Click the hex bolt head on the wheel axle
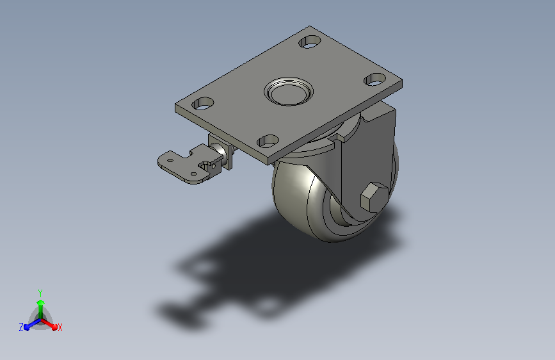coord(374,197)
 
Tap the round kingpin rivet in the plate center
coord(289,92)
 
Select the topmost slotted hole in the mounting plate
coord(310,42)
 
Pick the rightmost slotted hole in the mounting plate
coord(375,79)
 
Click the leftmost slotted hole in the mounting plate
coord(203,104)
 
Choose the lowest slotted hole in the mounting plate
coord(268,142)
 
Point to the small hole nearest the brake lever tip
coord(170,160)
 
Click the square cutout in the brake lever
coord(205,165)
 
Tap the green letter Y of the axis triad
coord(40,293)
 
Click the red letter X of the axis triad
coord(60,328)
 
